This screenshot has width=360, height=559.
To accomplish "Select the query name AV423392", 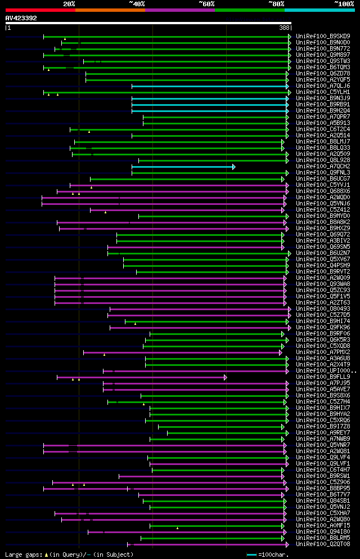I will (21, 18).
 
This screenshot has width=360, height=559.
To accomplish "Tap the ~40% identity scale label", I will (137, 3).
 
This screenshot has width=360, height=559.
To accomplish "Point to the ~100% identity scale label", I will (344, 3).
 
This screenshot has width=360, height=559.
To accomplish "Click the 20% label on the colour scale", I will (69, 3).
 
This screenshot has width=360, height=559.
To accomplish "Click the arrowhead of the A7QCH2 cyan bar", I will (233, 167).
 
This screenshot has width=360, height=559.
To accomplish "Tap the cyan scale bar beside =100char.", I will (251, 555).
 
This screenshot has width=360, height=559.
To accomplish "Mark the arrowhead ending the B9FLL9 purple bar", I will (225, 377).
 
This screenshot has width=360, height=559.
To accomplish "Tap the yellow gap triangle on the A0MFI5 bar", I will (177, 528).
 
